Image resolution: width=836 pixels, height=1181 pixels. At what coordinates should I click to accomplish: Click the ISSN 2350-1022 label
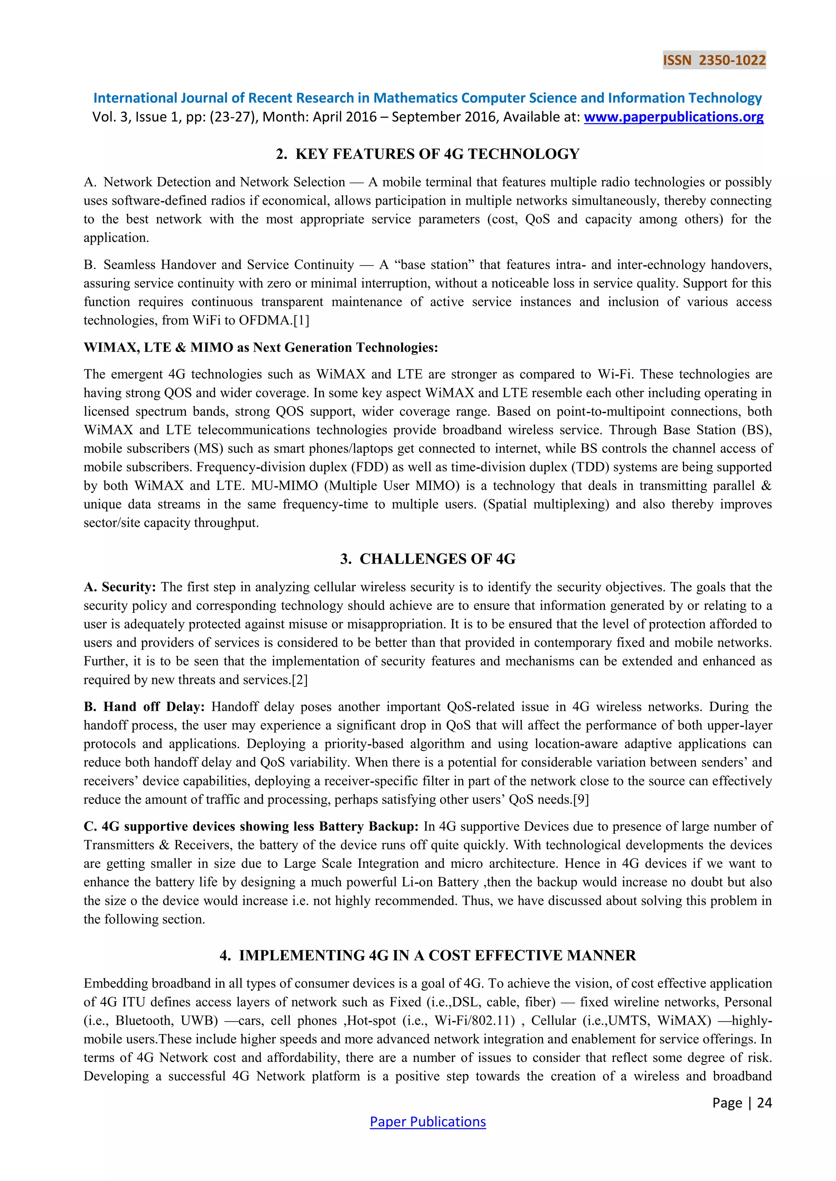(714, 60)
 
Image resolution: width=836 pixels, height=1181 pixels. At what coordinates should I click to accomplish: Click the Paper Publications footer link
(427, 1121)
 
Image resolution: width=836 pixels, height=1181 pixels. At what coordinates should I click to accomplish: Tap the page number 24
(765, 1102)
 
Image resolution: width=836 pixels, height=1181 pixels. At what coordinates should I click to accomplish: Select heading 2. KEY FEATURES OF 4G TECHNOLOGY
(427, 154)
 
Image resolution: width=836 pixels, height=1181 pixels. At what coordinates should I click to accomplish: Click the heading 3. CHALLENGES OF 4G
(427, 559)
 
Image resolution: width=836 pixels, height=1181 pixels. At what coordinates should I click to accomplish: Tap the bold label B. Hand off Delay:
(144, 706)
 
